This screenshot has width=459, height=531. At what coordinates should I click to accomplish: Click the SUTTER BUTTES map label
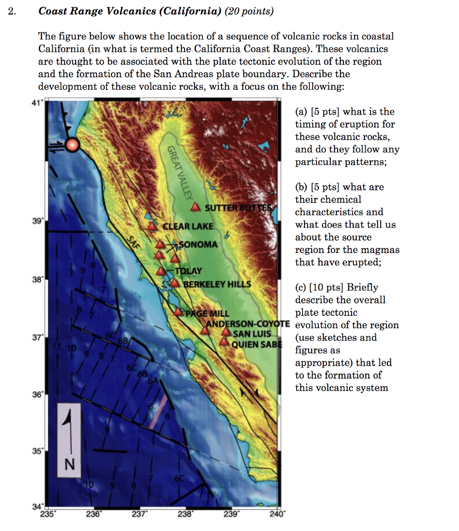(238, 208)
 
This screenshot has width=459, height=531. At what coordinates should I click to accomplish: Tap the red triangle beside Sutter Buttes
(195, 207)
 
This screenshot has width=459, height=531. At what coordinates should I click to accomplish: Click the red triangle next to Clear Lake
(152, 226)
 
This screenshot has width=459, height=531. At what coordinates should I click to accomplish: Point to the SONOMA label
(198, 244)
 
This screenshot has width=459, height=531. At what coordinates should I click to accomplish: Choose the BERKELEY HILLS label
(217, 284)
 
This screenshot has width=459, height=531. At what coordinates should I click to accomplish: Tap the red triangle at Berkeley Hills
(175, 283)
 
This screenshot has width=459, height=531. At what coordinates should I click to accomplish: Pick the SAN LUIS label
(252, 333)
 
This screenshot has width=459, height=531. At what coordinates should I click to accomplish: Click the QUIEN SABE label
(255, 344)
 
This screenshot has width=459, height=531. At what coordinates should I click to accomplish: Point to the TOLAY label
(188, 271)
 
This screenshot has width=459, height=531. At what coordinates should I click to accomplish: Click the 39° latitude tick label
(36, 220)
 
